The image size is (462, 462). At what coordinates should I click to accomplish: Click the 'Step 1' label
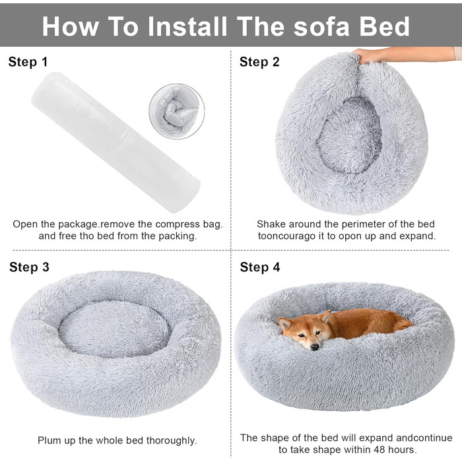point(28,62)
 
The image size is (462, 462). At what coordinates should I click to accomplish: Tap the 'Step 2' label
point(259,62)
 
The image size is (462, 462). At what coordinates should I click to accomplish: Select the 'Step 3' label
point(29,267)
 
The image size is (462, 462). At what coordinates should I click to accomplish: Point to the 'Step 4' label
point(260,267)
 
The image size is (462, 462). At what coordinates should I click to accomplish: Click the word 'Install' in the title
point(187,26)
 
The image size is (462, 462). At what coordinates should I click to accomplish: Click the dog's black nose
point(315,346)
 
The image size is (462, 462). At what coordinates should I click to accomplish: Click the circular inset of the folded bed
point(177,112)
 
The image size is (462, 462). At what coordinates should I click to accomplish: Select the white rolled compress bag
point(115,143)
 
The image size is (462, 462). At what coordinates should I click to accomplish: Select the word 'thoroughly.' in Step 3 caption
point(172,441)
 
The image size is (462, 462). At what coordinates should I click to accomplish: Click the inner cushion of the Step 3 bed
point(114,329)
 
